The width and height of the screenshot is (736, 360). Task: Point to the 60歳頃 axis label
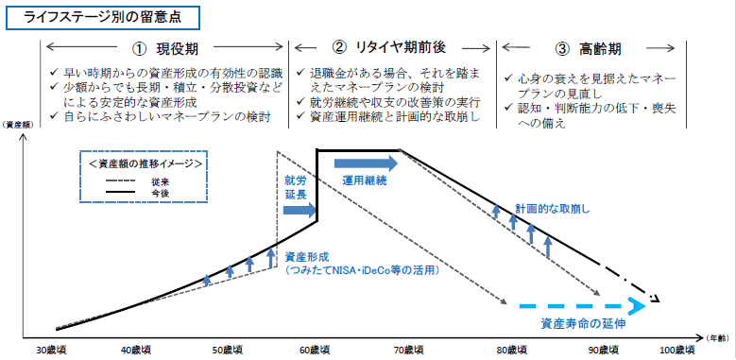pyautogui.click(x=316, y=350)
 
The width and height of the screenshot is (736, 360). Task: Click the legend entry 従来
pyautogui.click(x=171, y=180)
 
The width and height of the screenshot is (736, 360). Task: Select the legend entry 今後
pyautogui.click(x=171, y=192)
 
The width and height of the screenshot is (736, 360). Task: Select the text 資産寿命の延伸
pyautogui.click(x=583, y=323)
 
